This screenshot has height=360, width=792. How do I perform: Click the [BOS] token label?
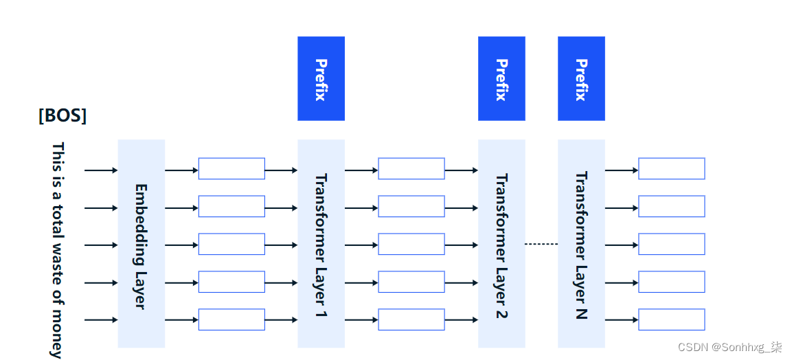[x=63, y=115]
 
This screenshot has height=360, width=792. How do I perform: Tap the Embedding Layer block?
[x=141, y=244]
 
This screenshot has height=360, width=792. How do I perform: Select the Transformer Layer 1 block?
[x=321, y=244]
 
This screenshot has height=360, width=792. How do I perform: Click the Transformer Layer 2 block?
[x=501, y=244]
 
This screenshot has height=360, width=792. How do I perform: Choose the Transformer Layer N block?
[x=581, y=244]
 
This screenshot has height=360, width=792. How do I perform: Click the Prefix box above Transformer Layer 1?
[x=321, y=78]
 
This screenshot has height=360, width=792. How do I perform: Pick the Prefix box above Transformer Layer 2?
[x=501, y=78]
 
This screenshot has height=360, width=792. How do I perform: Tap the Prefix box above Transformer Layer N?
[x=581, y=78]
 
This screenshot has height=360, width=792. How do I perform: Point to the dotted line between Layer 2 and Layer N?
[x=541, y=244]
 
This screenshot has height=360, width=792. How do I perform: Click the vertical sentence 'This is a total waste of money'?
[x=58, y=250]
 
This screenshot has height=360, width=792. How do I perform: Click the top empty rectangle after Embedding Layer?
[x=231, y=168]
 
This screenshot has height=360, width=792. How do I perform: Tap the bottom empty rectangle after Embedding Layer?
[x=231, y=319]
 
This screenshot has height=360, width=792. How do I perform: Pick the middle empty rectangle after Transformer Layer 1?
[x=411, y=244]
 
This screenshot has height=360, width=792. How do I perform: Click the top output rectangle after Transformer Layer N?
[x=671, y=168]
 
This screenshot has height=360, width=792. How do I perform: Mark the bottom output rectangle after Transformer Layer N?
[x=671, y=319]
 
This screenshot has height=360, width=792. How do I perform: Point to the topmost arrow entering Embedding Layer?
[x=101, y=170]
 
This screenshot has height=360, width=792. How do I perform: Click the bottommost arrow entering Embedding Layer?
[x=101, y=320]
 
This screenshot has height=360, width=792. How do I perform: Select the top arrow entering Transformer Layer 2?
[x=461, y=170]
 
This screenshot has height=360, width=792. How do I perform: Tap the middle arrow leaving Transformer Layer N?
[x=622, y=245]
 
